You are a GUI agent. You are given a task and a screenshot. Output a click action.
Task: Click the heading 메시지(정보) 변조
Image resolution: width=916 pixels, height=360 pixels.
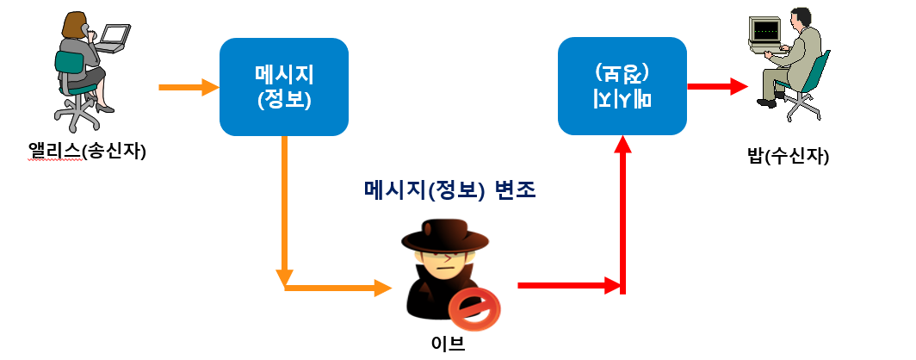click(450, 190)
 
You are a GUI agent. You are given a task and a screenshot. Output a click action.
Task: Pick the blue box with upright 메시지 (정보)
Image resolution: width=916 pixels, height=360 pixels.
click(284, 86)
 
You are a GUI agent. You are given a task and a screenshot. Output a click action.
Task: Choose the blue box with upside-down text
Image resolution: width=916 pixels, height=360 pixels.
click(622, 86)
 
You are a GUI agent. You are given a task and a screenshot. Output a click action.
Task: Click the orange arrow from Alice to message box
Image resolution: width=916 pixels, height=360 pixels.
click(189, 87)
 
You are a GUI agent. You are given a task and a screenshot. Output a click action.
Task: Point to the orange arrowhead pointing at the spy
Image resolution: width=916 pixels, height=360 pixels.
click(383, 288)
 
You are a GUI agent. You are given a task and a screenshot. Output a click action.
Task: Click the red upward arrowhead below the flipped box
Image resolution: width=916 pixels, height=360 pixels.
click(623, 147)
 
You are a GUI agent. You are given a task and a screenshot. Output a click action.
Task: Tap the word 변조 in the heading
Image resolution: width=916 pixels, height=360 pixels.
click(515, 190)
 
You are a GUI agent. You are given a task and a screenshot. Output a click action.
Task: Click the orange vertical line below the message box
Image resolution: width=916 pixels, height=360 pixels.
click(284, 207)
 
